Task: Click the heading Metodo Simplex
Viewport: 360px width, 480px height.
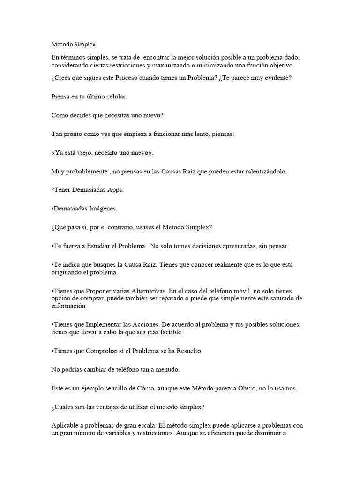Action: point(73,45)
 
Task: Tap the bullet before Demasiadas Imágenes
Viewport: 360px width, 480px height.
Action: point(52,209)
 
